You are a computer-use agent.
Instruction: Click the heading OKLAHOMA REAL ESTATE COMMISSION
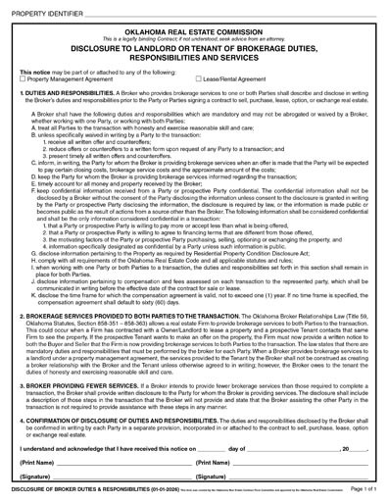click(x=194, y=31)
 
